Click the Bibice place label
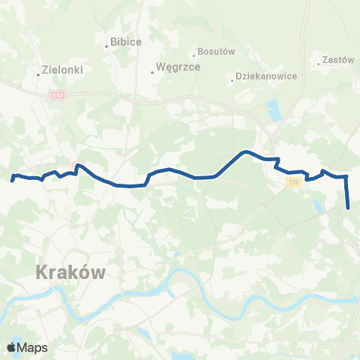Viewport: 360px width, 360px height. [x=126, y=42]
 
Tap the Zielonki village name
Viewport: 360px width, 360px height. [x=64, y=69]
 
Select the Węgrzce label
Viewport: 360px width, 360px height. [x=178, y=67]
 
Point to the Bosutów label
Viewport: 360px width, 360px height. [x=217, y=52]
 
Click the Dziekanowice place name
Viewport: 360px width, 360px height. [x=266, y=76]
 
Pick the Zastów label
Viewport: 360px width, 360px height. [x=337, y=60]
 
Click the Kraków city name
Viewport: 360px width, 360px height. [x=72, y=274]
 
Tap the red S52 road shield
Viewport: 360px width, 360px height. [x=58, y=95]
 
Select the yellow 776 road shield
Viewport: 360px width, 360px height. [x=292, y=182]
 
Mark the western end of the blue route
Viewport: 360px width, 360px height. [x=13, y=180]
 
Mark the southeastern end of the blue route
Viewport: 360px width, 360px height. [x=349, y=208]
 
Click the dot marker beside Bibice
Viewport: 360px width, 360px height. [x=106, y=46]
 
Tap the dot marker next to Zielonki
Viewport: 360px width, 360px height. [x=38, y=73]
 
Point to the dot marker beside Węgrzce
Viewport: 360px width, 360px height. [x=151, y=73]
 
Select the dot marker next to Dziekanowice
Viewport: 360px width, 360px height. [x=232, y=81]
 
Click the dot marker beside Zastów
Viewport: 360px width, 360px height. [x=319, y=64]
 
